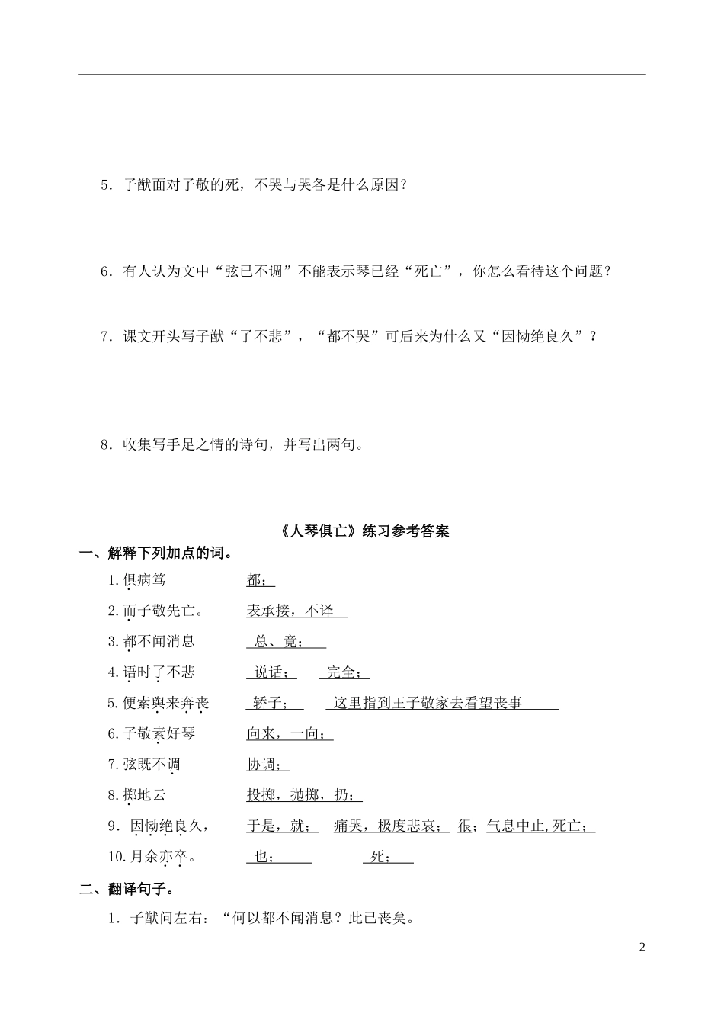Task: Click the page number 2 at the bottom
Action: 642,948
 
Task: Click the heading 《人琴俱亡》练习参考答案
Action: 363,531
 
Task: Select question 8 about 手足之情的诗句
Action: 232,445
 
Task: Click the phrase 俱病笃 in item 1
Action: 144,581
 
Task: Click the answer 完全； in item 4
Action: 344,672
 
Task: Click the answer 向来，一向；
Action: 290,734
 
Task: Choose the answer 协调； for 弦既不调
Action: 267,765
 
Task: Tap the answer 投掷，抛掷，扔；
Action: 303,795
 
